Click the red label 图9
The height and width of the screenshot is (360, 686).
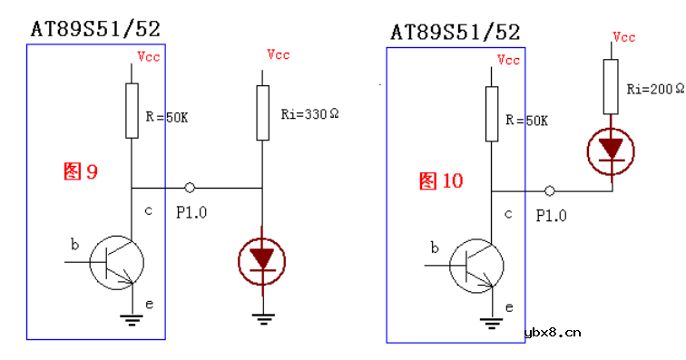pyautogui.click(x=81, y=171)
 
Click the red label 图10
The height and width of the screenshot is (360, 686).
pyautogui.click(x=441, y=180)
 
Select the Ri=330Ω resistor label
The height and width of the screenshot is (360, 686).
pyautogui.click(x=309, y=114)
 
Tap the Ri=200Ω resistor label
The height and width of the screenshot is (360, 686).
pyautogui.click(x=655, y=89)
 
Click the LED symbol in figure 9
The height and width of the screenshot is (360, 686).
pyautogui.click(x=262, y=261)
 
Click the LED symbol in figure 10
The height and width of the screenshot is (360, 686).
pyautogui.click(x=611, y=151)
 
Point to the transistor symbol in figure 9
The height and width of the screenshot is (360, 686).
pyautogui.click(x=117, y=262)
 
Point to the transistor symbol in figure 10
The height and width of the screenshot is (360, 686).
pyautogui.click(x=477, y=266)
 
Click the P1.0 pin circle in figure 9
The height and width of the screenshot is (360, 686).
pyautogui.click(x=190, y=188)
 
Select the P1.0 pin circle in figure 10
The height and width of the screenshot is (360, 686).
pyautogui.click(x=550, y=190)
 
